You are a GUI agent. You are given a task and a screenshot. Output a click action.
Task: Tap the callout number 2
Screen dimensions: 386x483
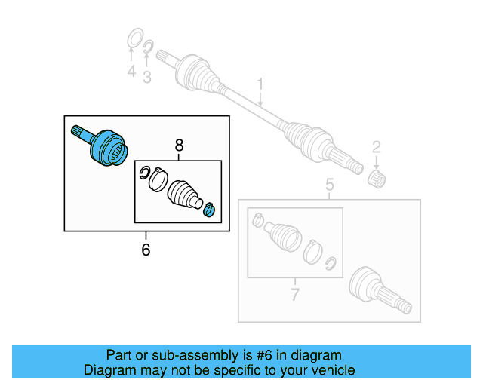pos(376,148)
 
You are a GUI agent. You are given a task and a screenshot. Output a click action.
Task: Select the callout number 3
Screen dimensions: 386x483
pos(147,76)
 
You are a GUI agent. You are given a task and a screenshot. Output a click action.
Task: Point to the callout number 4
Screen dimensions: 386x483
pos(131,73)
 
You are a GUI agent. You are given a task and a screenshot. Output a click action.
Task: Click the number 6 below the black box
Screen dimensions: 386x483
pos(146,249)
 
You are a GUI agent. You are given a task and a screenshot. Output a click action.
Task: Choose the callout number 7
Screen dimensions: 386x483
pos(295,294)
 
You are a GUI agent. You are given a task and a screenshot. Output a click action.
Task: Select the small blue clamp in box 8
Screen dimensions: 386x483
pos(210,209)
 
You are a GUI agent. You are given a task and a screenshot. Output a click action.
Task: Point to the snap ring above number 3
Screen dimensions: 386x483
pos(149,48)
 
